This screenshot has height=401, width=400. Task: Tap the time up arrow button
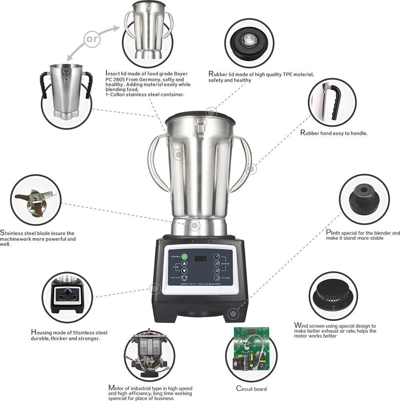click(x=184, y=264)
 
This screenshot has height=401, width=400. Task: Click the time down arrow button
click(x=184, y=271)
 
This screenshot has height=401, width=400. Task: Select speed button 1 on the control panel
click(x=216, y=256)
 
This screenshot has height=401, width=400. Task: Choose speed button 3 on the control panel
click(x=216, y=271)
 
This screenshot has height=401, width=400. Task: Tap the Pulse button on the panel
click(x=216, y=278)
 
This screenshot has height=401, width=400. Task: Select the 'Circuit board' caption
click(x=251, y=389)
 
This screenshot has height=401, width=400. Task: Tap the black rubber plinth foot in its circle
click(x=364, y=199)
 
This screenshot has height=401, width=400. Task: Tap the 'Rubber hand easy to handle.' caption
click(x=334, y=133)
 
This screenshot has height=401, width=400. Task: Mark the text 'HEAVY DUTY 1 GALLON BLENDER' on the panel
click(x=200, y=284)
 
